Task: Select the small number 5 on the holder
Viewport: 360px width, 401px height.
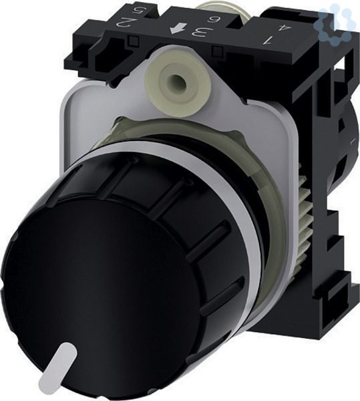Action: [140, 11]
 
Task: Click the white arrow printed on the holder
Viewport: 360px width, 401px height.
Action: [178, 28]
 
